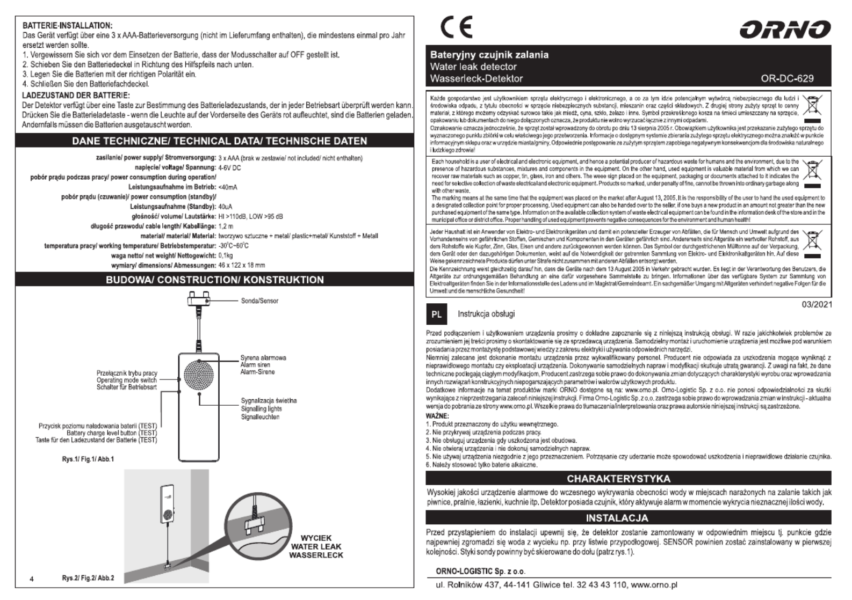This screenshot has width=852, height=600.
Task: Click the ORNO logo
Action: pos(785,30)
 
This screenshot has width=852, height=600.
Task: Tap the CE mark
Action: pos(456,27)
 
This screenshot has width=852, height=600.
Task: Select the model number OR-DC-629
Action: pos(787,78)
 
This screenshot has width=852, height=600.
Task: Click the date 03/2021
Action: pos(817,305)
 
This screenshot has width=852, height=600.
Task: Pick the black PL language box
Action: pos(437,314)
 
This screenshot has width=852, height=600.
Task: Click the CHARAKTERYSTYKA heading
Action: pos(618,479)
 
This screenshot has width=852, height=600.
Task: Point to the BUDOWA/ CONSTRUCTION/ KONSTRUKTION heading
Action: pos(215,280)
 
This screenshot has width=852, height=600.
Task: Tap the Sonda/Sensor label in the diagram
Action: pos(259,301)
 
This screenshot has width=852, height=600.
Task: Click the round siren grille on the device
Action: pos(199,375)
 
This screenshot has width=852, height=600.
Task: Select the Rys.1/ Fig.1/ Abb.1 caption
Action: pos(88,459)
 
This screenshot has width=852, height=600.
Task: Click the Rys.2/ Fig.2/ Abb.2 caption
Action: pos(88,578)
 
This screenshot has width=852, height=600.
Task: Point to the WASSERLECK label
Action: pos(316,555)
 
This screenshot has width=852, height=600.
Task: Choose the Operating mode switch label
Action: pos(127,380)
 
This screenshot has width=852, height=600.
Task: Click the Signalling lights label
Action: pos(261,408)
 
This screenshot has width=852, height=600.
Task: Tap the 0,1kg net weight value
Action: pos(226,255)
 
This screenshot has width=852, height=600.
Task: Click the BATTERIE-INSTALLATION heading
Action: pos(68,25)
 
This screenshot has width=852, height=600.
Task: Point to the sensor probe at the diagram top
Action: pos(199,299)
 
